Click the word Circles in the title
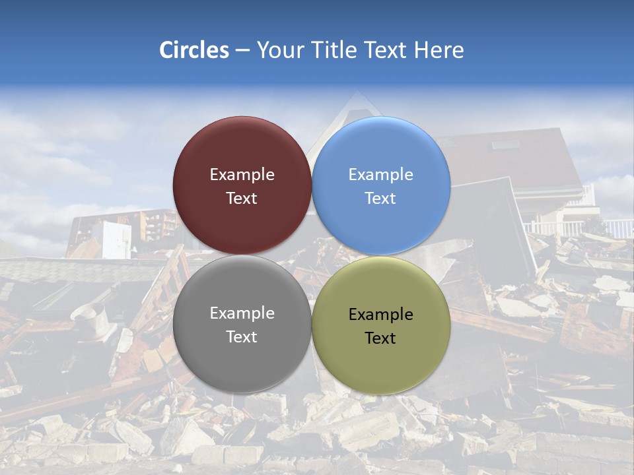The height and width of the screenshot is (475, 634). tap(194, 50)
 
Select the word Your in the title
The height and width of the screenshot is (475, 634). tap(279, 50)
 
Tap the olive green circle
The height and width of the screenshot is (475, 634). tap(381, 360)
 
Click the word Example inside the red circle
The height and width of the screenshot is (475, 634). tap(242, 175)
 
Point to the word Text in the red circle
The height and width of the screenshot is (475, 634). tap(242, 199)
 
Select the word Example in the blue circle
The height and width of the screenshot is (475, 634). tap(381, 175)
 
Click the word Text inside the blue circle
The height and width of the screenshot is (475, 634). tap(381, 199)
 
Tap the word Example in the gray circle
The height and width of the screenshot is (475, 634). tap(242, 313)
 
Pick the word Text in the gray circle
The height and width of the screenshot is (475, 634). tap(242, 337)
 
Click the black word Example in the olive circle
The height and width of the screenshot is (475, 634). tap(381, 315)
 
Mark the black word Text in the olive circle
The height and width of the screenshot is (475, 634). tap(381, 338)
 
